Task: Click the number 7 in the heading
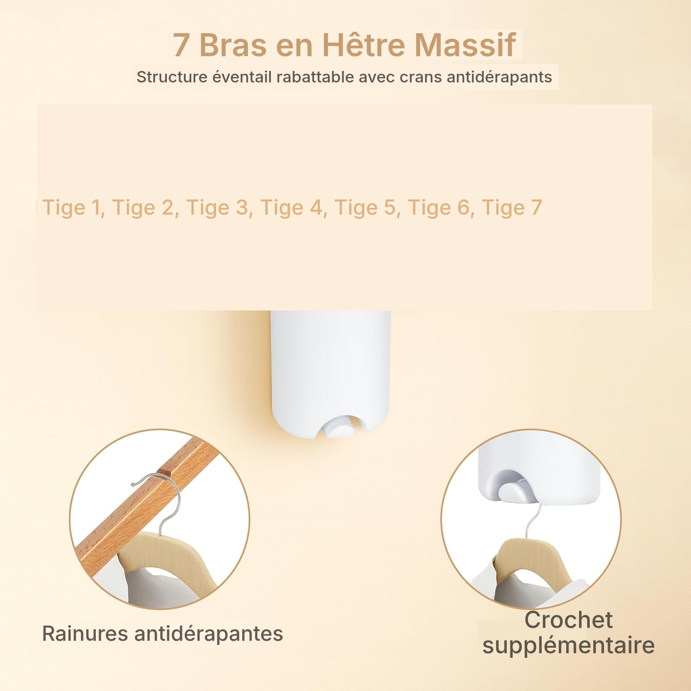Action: coord(182,46)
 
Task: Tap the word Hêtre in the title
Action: coord(363,45)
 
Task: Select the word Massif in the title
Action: coord(465,45)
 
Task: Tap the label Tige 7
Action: coord(512,208)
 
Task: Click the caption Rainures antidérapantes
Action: coord(163,634)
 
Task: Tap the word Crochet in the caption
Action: coord(568,620)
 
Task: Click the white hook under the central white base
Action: coord(340,426)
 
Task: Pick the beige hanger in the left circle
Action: coord(161,557)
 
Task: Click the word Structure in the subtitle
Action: coord(172,77)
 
